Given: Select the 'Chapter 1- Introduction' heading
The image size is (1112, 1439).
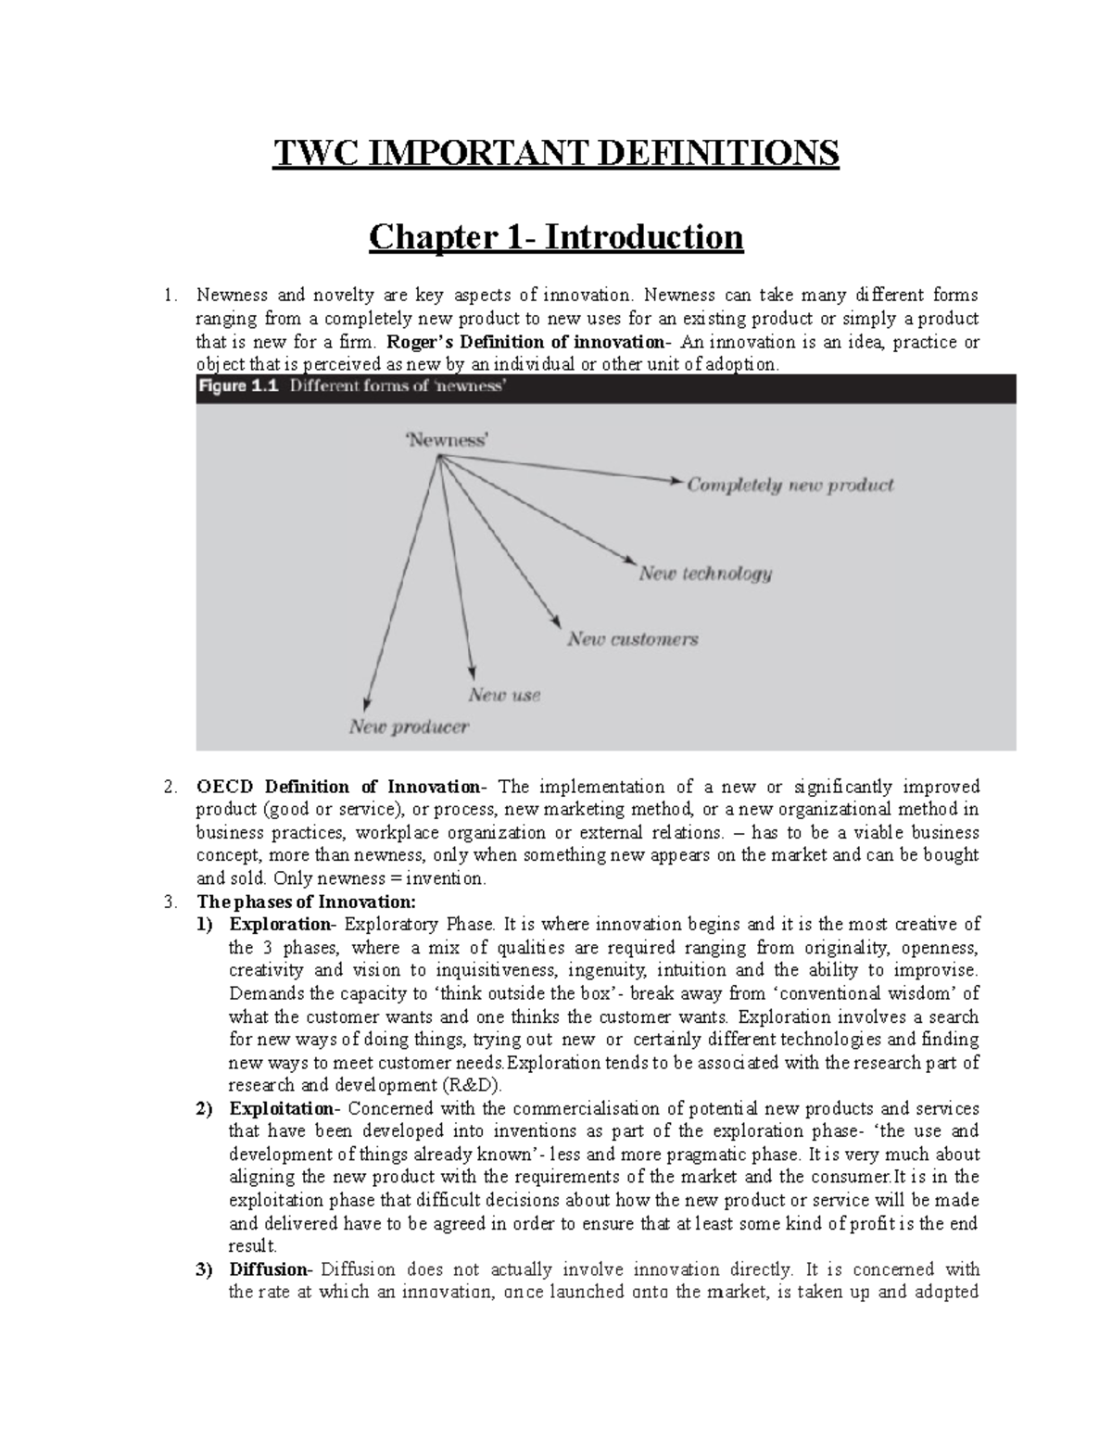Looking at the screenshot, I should [555, 237].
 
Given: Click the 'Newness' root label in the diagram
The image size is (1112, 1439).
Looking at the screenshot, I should [447, 441].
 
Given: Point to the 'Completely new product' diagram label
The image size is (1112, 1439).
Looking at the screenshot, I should [790, 485].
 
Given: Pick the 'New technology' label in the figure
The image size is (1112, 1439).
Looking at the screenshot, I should [705, 574].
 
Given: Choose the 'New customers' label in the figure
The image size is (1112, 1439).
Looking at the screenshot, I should [633, 638].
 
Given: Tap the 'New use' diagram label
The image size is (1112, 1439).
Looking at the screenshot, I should [504, 694].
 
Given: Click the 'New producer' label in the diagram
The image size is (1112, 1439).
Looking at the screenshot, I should [409, 726].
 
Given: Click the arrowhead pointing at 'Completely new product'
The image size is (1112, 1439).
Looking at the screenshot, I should [674, 480].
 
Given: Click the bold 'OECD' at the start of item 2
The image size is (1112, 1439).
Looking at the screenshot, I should [226, 788].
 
